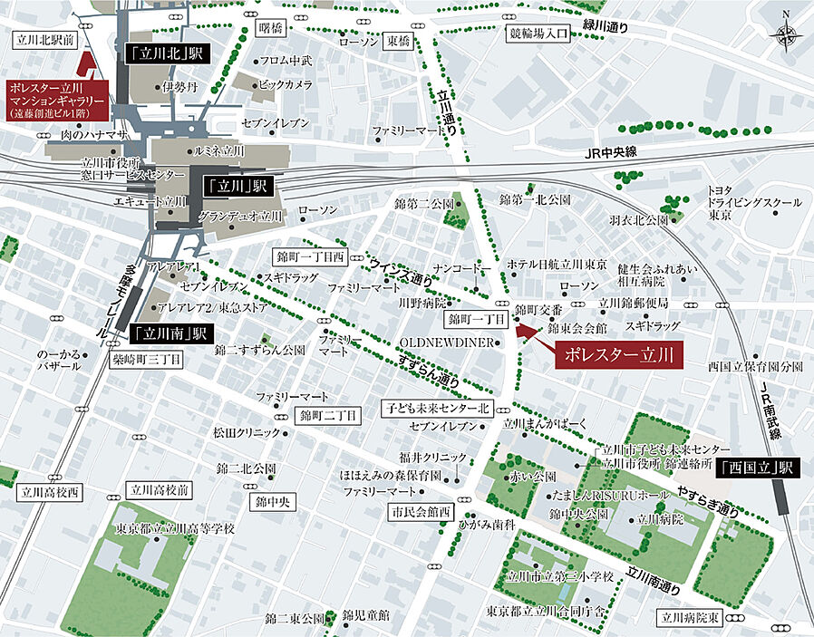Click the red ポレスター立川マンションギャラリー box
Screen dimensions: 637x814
click(x=57, y=101)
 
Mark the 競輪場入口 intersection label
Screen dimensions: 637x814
click(x=537, y=34)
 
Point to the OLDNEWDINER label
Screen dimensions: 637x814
click(x=448, y=343)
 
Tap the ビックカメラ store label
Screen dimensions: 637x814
click(x=286, y=84)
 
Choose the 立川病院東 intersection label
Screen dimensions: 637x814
click(x=691, y=618)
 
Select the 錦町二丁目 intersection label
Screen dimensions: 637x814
click(x=329, y=415)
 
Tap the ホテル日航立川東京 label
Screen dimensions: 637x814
click(x=557, y=264)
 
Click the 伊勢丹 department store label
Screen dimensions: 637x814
click(x=179, y=88)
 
